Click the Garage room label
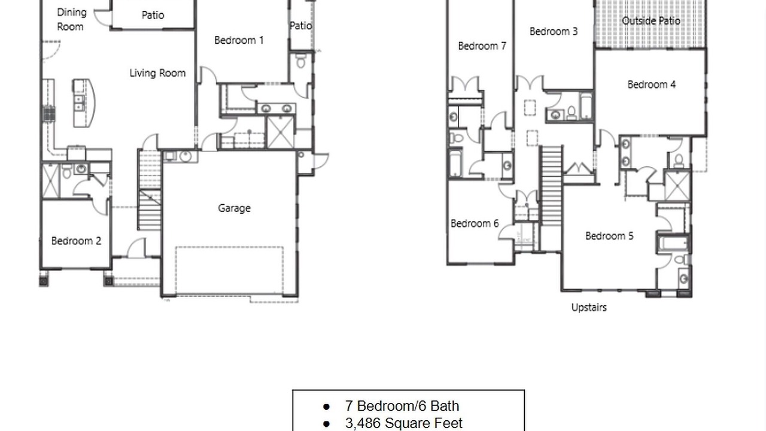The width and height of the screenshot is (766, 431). (234, 208)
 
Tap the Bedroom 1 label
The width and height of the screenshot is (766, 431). (239, 40)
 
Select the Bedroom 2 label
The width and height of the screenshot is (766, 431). (76, 241)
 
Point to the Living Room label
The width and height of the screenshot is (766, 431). (157, 73)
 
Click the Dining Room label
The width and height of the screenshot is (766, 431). (71, 20)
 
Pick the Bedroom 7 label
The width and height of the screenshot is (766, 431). (482, 46)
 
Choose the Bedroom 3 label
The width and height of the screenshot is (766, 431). (554, 32)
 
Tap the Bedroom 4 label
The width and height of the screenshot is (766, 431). (652, 84)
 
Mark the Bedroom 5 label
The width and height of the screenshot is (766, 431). (609, 236)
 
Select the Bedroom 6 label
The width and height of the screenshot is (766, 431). (475, 223)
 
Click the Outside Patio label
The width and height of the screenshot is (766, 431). (651, 21)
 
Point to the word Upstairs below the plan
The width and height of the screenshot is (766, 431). (589, 308)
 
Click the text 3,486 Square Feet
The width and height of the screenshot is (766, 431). (404, 423)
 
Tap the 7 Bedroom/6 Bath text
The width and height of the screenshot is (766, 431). (402, 406)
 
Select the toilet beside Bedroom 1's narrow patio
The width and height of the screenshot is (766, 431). (300, 61)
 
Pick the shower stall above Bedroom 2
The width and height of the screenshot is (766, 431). (51, 181)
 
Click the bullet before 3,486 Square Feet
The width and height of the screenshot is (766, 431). (326, 424)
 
